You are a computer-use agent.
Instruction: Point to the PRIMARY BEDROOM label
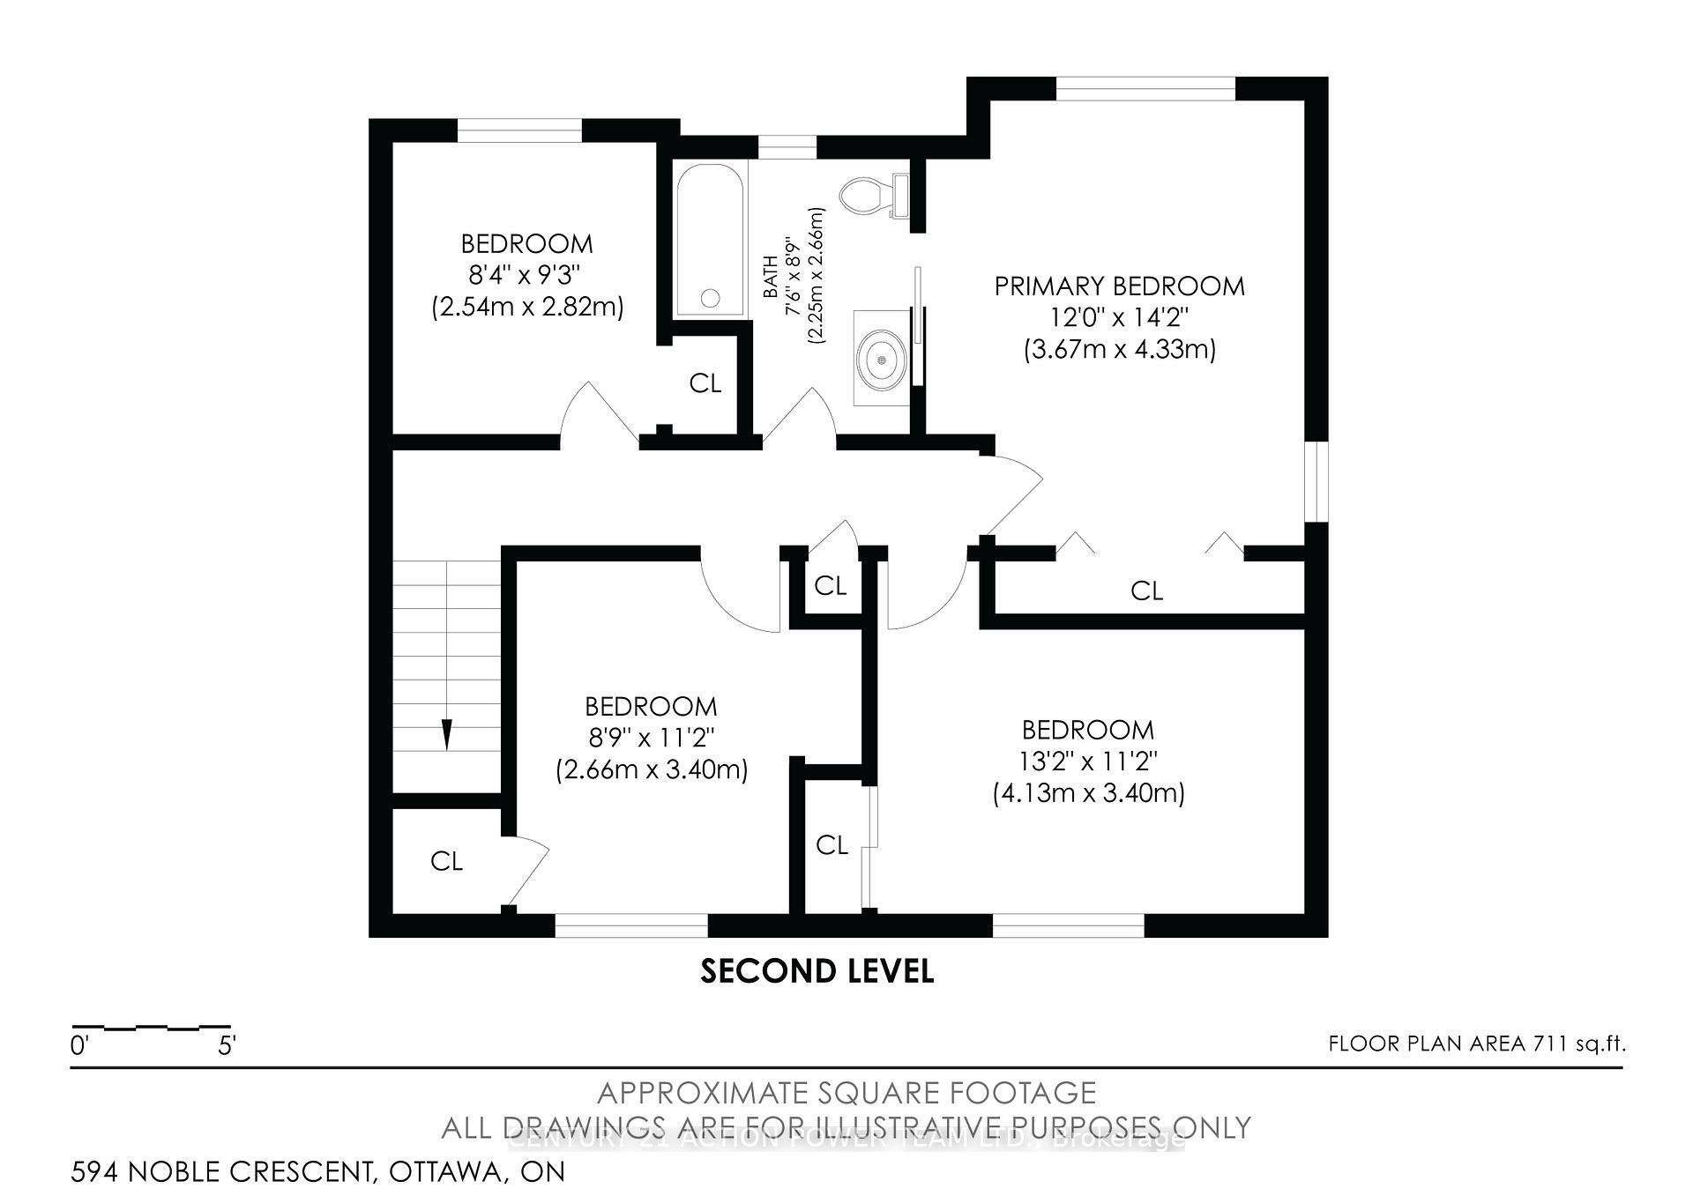click(1119, 286)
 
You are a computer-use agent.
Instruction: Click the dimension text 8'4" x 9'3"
click(526, 276)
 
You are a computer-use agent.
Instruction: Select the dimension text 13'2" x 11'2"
click(1089, 761)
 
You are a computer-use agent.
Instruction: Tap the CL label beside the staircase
click(446, 861)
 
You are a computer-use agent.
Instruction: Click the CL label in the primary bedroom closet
click(1146, 591)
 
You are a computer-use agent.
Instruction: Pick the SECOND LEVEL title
click(817, 971)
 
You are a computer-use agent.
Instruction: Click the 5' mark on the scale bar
click(227, 1046)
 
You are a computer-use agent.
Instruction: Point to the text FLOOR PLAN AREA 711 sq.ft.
click(1477, 1044)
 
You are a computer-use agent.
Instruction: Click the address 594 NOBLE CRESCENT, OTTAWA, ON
click(317, 1172)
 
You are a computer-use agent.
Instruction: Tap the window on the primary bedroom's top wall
click(1145, 88)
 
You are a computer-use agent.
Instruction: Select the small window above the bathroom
click(787, 146)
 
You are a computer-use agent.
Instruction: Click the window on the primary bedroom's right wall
click(1316, 481)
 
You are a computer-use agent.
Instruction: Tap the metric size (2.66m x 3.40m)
click(652, 770)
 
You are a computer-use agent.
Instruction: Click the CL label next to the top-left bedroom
click(705, 383)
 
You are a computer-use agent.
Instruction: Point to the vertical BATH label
click(771, 276)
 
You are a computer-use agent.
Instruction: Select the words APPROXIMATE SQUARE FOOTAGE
click(846, 1093)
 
